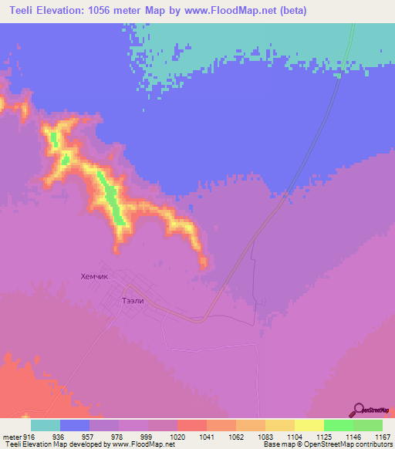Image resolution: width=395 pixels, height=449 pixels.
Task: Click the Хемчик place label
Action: pos(97,275)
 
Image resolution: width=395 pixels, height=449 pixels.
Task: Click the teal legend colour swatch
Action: pos(46,425)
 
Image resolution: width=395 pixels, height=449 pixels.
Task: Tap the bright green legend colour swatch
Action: pos(339,425)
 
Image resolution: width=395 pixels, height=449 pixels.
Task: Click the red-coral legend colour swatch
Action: pos(192,425)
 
